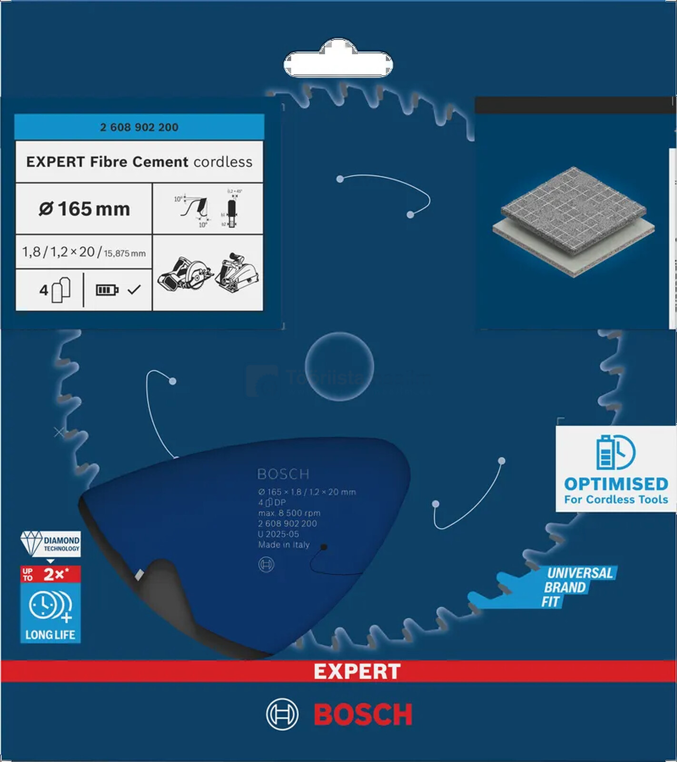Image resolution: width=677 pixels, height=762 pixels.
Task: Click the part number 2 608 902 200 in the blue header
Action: pos(139,127)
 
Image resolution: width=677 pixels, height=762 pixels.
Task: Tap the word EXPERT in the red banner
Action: pos(357,672)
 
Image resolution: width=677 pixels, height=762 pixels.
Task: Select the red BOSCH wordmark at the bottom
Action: pos(363,714)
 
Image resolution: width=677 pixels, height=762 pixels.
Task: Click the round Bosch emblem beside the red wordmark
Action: pos(282,714)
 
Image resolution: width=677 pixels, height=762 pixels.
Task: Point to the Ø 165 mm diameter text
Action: pos(84,209)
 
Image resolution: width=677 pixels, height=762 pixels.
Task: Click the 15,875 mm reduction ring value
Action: pos(125,253)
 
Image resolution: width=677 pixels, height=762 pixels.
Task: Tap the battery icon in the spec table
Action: pos(107,290)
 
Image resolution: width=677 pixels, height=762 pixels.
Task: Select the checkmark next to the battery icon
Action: pos(134,289)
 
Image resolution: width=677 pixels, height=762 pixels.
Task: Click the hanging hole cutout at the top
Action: pos(338,62)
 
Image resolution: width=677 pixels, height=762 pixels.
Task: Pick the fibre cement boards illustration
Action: pos(573,221)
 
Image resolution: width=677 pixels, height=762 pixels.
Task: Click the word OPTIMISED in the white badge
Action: pos(616,484)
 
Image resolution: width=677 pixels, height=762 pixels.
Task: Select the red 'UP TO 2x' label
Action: pos(50,574)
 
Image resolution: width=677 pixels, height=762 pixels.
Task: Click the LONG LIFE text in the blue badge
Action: pos(50,634)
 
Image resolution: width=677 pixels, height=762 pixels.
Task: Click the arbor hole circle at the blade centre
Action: pos(339,367)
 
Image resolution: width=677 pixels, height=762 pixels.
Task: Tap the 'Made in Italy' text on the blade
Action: pos(284,544)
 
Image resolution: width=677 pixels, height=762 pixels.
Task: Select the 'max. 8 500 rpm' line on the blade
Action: pos(289,513)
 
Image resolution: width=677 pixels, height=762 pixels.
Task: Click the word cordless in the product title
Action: pos(223,162)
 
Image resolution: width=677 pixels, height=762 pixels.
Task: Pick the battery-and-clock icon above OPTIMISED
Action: pos(616,452)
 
